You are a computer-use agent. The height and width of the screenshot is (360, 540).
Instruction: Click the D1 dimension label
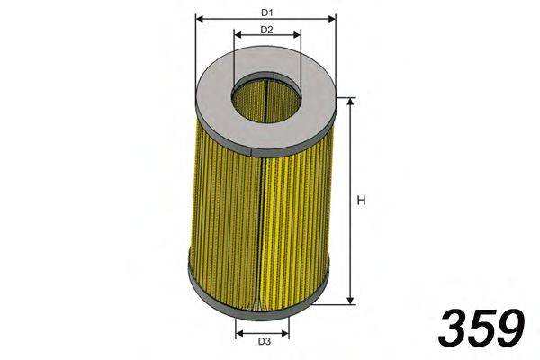(x=267, y=13)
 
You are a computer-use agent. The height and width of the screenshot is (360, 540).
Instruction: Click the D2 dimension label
(x=266, y=30)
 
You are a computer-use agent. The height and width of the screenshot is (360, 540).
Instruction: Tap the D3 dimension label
(x=264, y=341)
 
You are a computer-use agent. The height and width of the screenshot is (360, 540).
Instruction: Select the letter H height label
(x=361, y=201)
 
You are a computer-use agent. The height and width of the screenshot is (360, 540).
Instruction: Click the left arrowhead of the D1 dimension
(x=200, y=18)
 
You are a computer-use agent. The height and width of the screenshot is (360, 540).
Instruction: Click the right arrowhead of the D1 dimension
(x=331, y=18)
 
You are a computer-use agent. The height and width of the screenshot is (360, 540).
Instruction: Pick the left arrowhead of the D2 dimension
(x=238, y=35)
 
